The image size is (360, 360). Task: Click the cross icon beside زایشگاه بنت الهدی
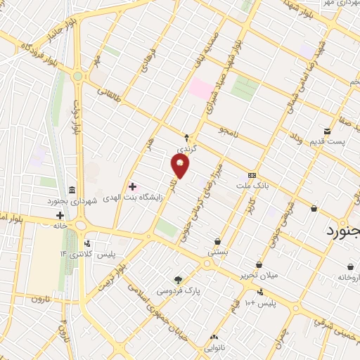pyautogui.click(x=131, y=186)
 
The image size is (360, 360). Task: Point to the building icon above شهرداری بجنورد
pyautogui.click(x=73, y=190)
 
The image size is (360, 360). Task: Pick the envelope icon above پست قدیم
pyautogui.click(x=327, y=131)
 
